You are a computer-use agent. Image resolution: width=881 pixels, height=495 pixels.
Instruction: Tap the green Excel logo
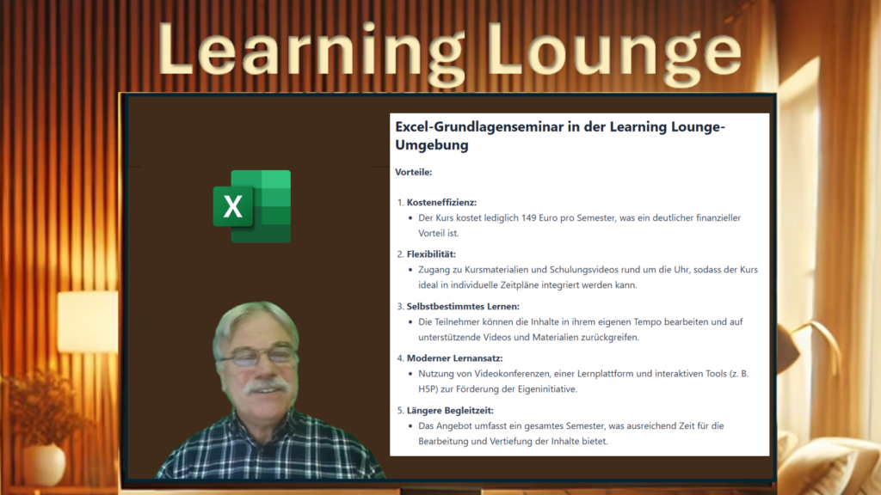pos(252,206)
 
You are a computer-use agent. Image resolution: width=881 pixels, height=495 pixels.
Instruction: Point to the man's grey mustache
pos(267,387)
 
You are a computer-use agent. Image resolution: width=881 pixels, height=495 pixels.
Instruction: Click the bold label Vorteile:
pos(414,172)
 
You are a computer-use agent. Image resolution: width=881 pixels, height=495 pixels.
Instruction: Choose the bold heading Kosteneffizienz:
pos(441,202)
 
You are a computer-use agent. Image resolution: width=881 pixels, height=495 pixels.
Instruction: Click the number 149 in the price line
pos(529,217)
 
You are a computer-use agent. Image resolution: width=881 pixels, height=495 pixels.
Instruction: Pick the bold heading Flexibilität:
pos(432,254)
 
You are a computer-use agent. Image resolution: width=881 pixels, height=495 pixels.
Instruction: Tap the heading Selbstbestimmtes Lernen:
pos(463,307)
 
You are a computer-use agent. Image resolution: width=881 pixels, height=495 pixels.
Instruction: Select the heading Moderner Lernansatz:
pos(454,358)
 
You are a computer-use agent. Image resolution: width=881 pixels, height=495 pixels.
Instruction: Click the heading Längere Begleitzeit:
pos(450,410)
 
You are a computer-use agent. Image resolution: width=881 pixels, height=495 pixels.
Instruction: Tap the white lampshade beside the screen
pos(89,322)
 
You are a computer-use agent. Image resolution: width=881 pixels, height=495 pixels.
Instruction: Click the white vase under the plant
pos(45,463)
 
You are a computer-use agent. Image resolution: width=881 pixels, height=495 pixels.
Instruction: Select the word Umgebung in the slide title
pos(432,145)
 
